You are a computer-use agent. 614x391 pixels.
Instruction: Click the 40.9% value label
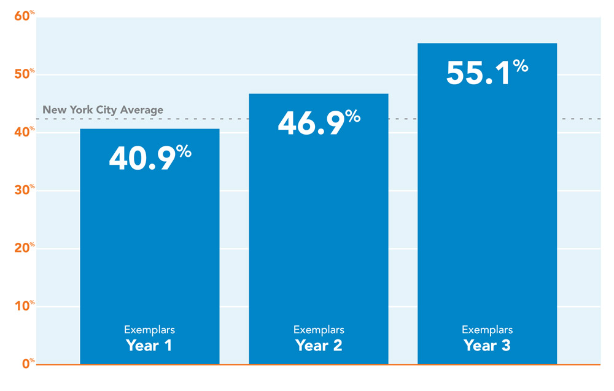150,158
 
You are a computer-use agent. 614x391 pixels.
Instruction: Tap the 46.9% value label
319,122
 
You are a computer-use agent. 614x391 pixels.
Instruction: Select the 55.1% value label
487,73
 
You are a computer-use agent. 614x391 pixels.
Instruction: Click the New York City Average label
103,110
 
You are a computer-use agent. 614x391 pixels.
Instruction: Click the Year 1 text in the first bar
149,346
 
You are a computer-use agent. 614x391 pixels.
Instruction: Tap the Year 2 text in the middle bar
319,346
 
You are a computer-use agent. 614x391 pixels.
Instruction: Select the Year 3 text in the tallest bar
487,346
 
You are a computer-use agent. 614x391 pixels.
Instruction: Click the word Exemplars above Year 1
149,330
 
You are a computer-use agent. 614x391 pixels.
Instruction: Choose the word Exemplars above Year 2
319,330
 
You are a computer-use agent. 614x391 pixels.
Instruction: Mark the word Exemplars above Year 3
487,330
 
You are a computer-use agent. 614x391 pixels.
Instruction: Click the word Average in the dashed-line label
142,110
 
